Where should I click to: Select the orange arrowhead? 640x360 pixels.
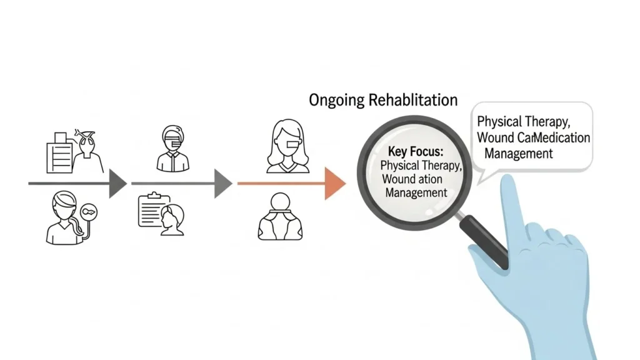(x=335, y=184)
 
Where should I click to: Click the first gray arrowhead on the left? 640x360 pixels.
(x=117, y=183)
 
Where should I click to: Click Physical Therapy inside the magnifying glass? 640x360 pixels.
(x=421, y=166)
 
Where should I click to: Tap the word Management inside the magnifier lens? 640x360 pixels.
(x=416, y=193)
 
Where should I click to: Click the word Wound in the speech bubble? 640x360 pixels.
(x=495, y=137)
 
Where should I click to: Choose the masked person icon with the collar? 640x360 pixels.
(x=174, y=149)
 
